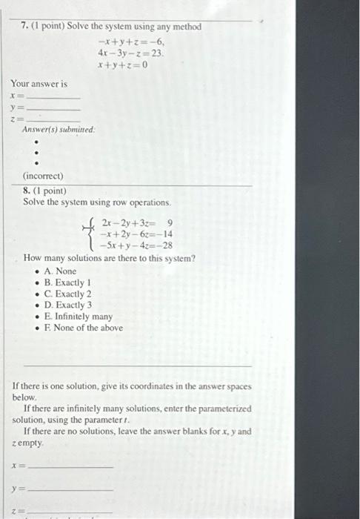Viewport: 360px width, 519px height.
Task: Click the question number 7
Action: click(x=24, y=27)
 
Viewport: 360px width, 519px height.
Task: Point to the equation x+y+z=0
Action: click(x=122, y=65)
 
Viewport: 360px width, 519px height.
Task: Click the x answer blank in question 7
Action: click(x=53, y=96)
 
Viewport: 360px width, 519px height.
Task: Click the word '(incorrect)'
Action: click(x=43, y=176)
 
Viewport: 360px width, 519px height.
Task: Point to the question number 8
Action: click(x=27, y=190)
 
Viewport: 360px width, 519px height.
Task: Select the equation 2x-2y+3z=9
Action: click(x=137, y=222)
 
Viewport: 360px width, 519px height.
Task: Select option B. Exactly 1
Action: click(x=70, y=282)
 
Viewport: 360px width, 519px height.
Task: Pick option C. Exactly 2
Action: click(x=70, y=294)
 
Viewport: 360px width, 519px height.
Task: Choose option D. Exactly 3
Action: click(x=70, y=305)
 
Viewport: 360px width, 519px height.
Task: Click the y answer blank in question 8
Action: click(x=70, y=489)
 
